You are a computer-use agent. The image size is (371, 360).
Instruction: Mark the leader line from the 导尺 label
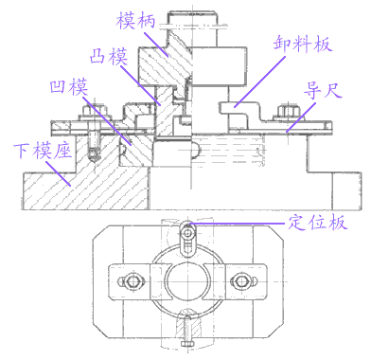point(300,113)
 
